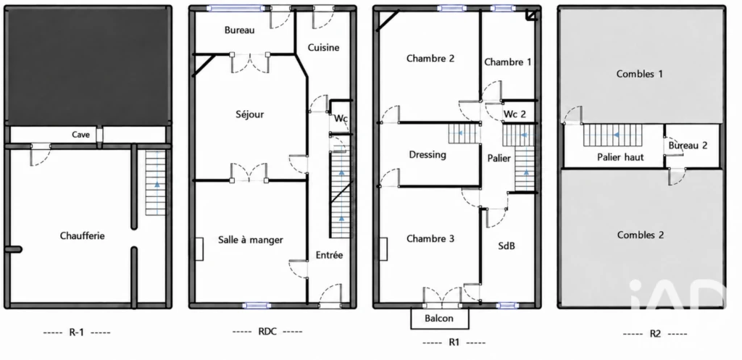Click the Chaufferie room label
point(83,235)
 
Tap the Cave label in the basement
point(80,135)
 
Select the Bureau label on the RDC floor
point(239,30)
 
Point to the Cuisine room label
point(324,47)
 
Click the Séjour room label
point(249,114)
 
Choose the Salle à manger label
point(250,240)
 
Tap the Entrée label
point(330,255)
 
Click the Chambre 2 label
point(430,59)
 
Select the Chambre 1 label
point(508,62)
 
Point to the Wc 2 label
point(515,114)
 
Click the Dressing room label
point(428,155)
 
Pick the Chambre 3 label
point(430,239)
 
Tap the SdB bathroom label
point(507,246)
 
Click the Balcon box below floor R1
point(440,319)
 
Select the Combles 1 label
point(640,74)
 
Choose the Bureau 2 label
point(688,145)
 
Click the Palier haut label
point(620,157)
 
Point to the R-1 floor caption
point(77,332)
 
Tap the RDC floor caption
point(267,331)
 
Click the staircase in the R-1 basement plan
point(157,183)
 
